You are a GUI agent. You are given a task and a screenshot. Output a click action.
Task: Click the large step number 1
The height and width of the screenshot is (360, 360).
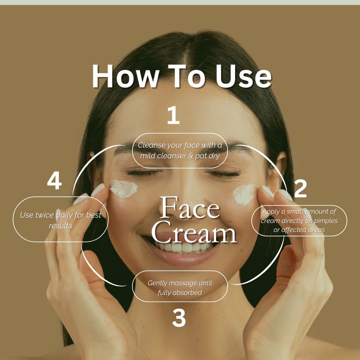[173, 116]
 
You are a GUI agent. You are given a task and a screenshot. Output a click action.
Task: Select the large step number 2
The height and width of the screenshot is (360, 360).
[300, 189]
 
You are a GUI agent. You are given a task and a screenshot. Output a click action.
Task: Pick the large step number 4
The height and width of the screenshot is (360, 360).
[54, 182]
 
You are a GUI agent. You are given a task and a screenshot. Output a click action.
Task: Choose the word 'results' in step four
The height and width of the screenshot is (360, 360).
[60, 226]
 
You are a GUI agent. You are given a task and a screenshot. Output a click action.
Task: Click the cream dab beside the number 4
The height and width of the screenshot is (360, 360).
[123, 189]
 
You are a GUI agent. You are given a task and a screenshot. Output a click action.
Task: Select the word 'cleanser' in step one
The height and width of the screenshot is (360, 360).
[171, 156]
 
